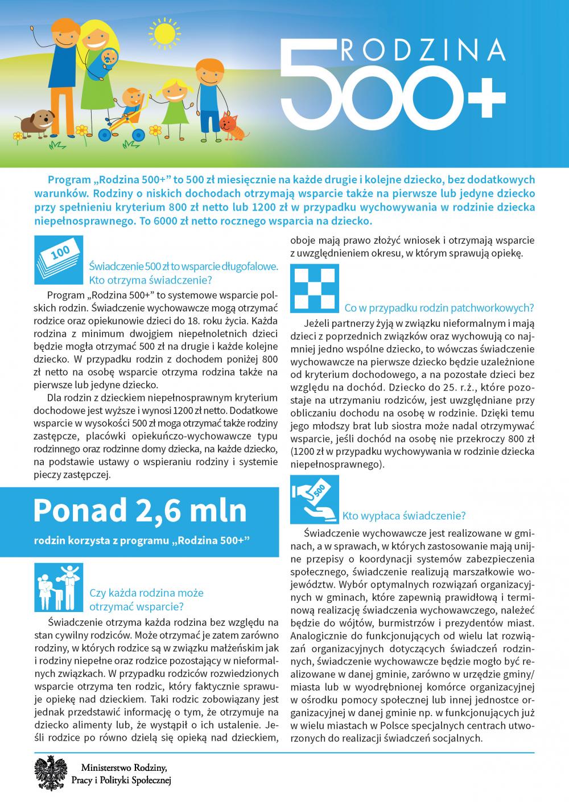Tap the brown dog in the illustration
click(38, 121)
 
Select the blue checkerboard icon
click(315, 288)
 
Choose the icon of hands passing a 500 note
click(315, 499)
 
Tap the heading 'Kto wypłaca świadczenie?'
click(404, 516)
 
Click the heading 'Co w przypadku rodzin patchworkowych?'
click(439, 308)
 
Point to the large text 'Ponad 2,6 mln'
click(140, 510)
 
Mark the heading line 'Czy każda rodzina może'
click(146, 593)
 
